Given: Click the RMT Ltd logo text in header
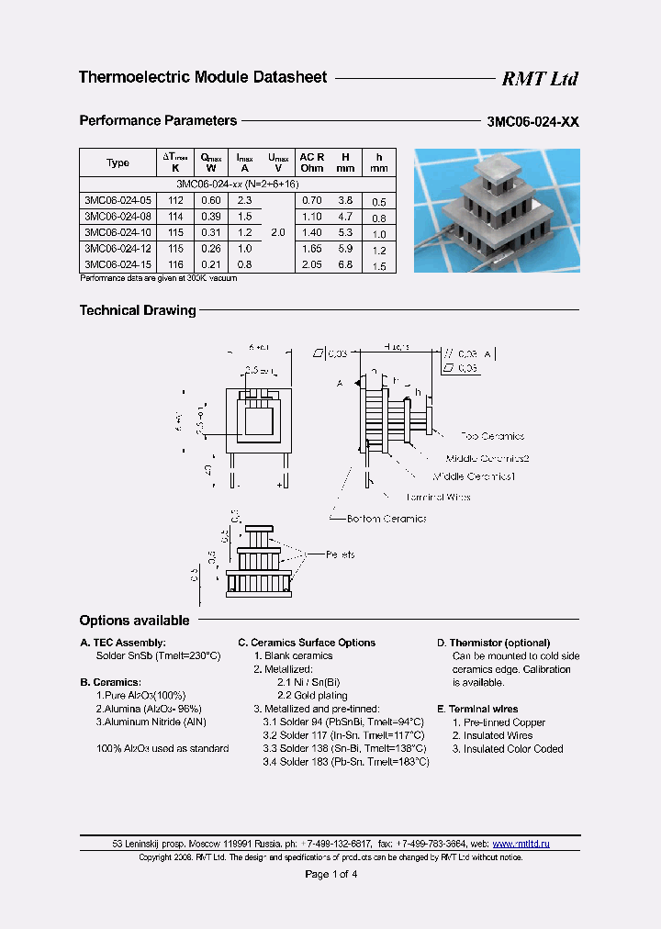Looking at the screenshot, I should [x=539, y=79].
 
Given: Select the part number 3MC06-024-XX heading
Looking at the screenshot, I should [x=532, y=121].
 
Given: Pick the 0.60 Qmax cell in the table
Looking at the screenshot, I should [x=210, y=200].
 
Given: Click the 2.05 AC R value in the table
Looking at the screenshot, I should [x=312, y=263].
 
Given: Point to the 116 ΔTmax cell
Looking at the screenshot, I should [x=176, y=263].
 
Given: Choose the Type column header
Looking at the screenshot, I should [x=118, y=162].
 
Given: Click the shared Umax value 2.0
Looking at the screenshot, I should [x=279, y=232].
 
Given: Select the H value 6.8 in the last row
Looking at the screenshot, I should [x=345, y=263].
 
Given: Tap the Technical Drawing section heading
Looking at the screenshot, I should [x=138, y=310].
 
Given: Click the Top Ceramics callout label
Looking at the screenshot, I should [x=492, y=436].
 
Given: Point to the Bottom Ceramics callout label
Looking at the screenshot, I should [x=387, y=519].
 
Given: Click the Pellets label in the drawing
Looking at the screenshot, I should [x=341, y=554].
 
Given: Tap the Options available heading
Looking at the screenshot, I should [x=134, y=621].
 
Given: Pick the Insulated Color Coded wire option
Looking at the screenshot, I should [x=506, y=748].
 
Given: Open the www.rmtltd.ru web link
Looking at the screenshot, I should [x=521, y=843].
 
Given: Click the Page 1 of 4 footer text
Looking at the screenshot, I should [x=330, y=874].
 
